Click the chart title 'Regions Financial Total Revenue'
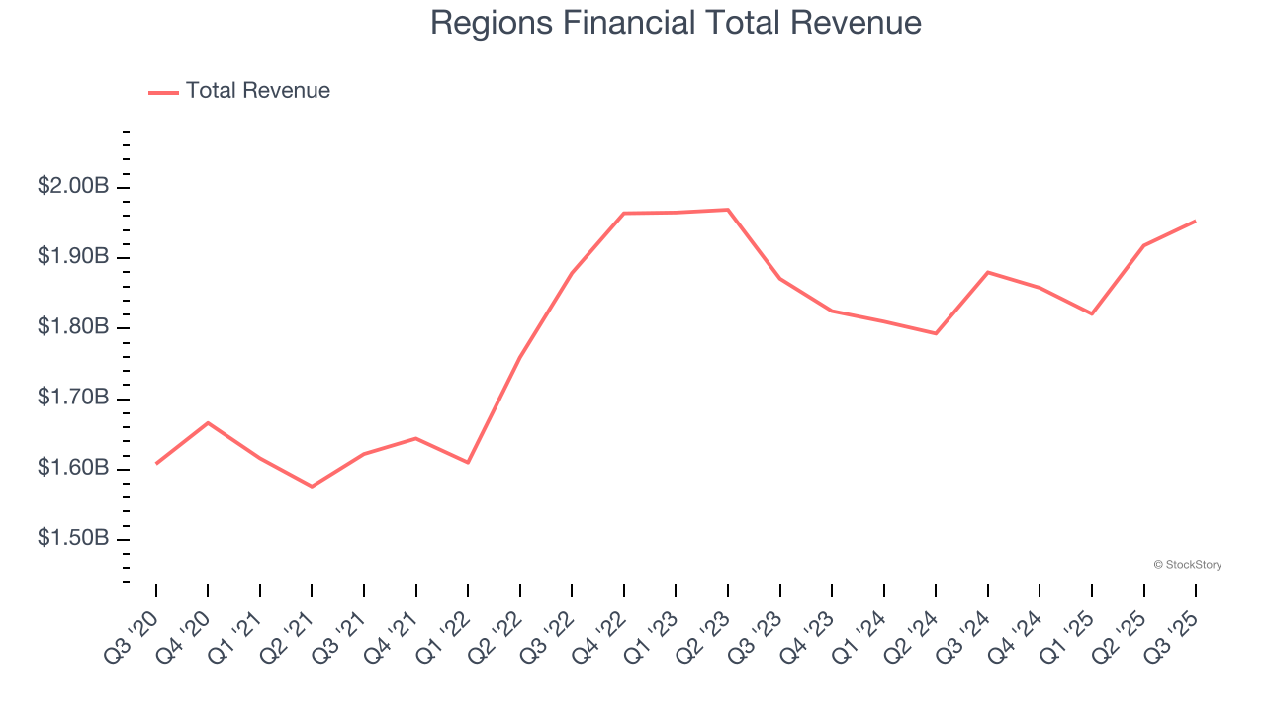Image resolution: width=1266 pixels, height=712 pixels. pyautogui.click(x=676, y=23)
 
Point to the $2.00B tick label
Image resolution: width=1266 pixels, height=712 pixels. pyautogui.click(x=73, y=187)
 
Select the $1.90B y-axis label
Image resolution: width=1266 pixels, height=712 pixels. pyautogui.click(x=73, y=257)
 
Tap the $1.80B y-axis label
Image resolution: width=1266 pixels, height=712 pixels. pyautogui.click(x=73, y=327)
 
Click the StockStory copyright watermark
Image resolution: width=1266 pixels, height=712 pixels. pyautogui.click(x=1187, y=565)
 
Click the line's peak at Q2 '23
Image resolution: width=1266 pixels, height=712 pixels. pyautogui.click(x=728, y=210)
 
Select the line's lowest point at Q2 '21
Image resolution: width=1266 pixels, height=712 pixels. pyautogui.click(x=312, y=487)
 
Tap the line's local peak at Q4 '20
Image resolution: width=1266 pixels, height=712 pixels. pyautogui.click(x=208, y=422)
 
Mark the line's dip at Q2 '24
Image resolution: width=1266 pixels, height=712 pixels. pyautogui.click(x=936, y=333)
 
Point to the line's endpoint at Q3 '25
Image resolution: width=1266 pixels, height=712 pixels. pyautogui.click(x=1196, y=221)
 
